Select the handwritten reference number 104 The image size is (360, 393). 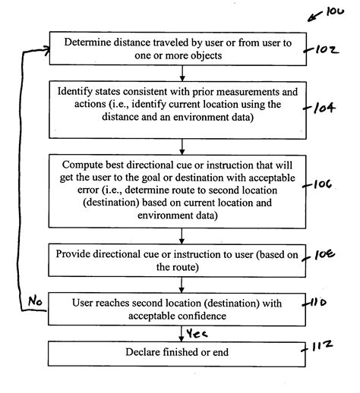pos(322,108)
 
